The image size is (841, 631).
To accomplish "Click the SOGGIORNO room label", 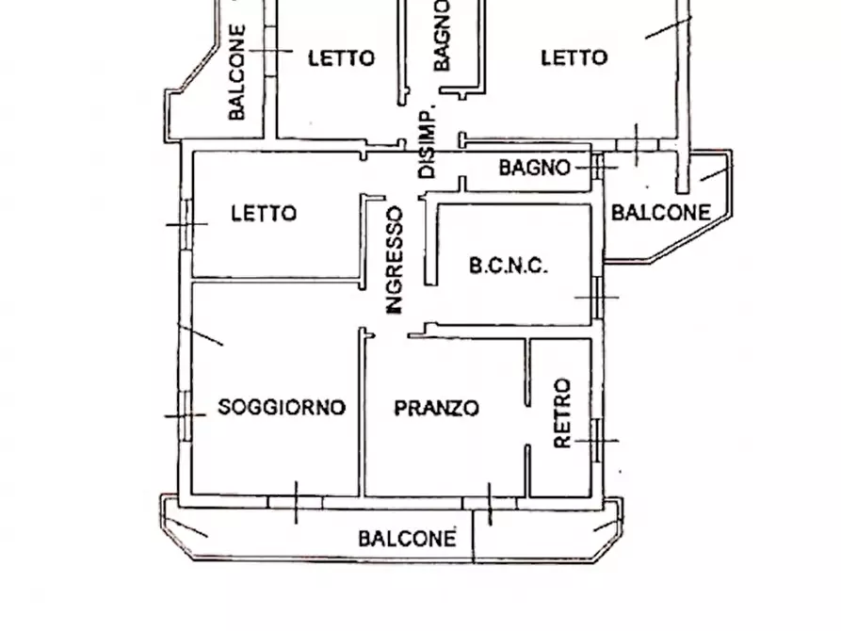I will [x=282, y=408].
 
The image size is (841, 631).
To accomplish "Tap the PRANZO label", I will [x=436, y=409].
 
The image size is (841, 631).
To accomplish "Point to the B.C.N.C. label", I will [x=509, y=267].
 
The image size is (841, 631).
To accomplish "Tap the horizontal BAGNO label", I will [x=534, y=169].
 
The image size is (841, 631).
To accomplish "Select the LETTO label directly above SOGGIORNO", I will [x=264, y=214].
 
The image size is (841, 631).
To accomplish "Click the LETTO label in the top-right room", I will [x=574, y=58].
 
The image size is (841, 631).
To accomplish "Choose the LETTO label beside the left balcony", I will [x=341, y=58].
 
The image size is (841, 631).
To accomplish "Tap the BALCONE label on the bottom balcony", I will [x=407, y=539].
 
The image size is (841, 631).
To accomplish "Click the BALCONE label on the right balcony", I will [x=660, y=213].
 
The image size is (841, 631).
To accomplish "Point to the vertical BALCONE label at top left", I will [x=237, y=73].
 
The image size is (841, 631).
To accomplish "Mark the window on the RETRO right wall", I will [x=597, y=440].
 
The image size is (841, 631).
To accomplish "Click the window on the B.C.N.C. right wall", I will [x=597, y=298].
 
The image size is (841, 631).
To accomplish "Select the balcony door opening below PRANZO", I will [x=489, y=503].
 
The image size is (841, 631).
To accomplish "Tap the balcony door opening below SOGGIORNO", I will [x=296, y=502].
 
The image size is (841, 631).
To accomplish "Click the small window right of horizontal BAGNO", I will [x=597, y=168].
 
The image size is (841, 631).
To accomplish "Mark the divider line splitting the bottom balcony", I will [x=473, y=542].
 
